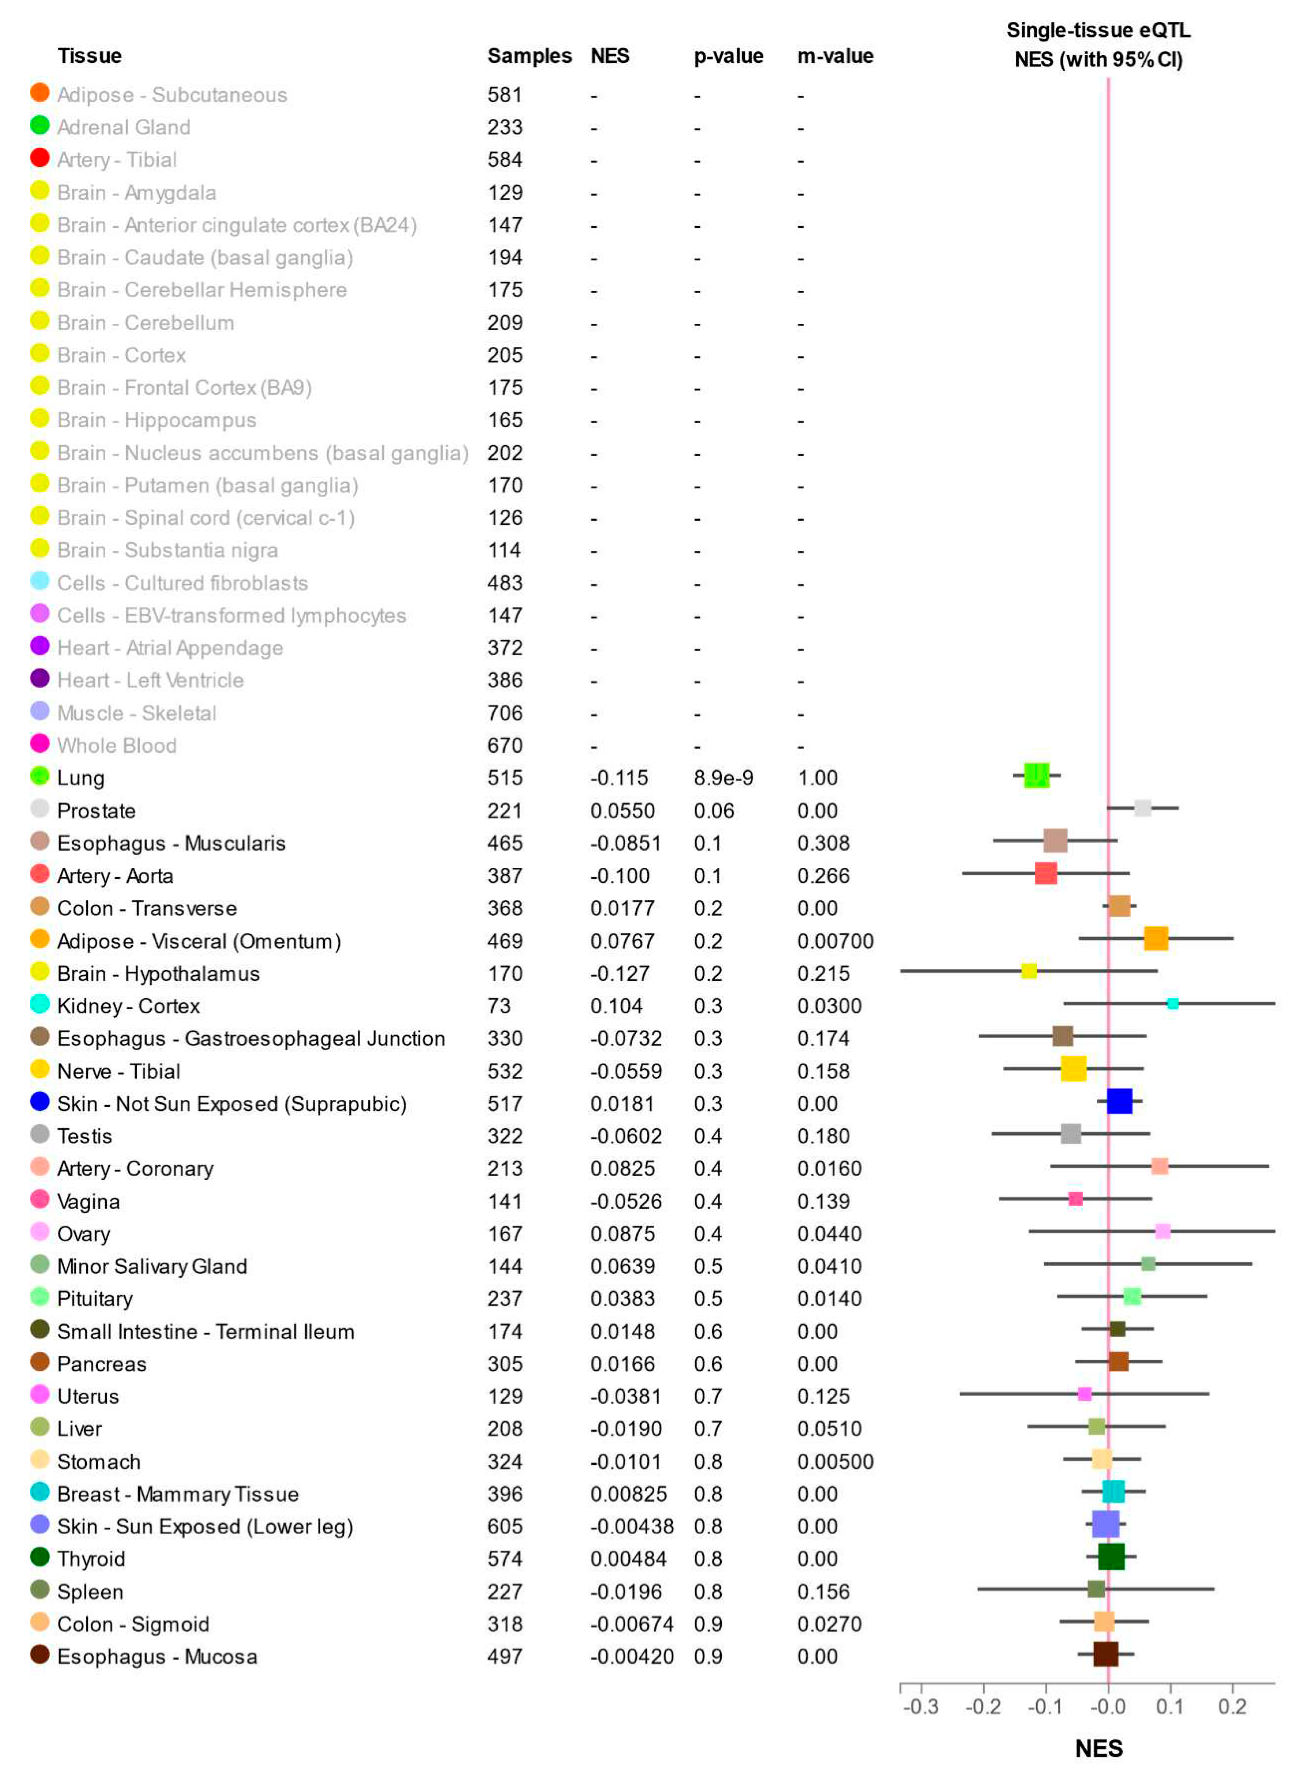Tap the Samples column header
coord(529,56)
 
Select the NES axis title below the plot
coord(1099,1748)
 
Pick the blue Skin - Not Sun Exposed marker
coord(1119,1101)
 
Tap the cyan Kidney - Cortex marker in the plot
coord(1172,1004)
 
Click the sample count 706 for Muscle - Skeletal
coord(504,713)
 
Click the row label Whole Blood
coord(116,745)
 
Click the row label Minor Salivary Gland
coord(152,1266)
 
